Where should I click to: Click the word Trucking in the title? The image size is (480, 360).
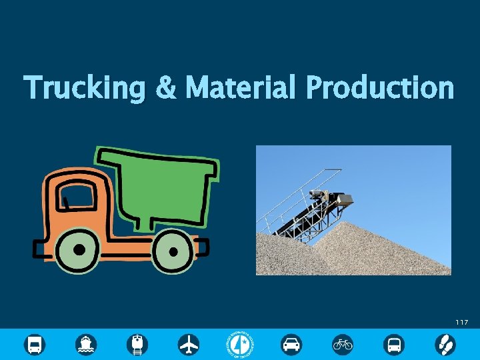tap(83, 89)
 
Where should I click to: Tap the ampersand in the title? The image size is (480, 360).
tap(165, 89)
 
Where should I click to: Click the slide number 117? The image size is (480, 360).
tap(461, 323)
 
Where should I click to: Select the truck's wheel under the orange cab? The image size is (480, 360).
tap(79, 249)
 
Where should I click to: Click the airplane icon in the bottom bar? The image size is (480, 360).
tap(189, 345)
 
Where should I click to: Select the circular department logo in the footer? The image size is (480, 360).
tap(241, 344)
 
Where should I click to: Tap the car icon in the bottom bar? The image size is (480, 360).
tap(291, 345)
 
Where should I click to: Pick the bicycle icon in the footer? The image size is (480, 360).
tap(343, 345)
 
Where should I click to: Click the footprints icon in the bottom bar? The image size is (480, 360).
tap(445, 345)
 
